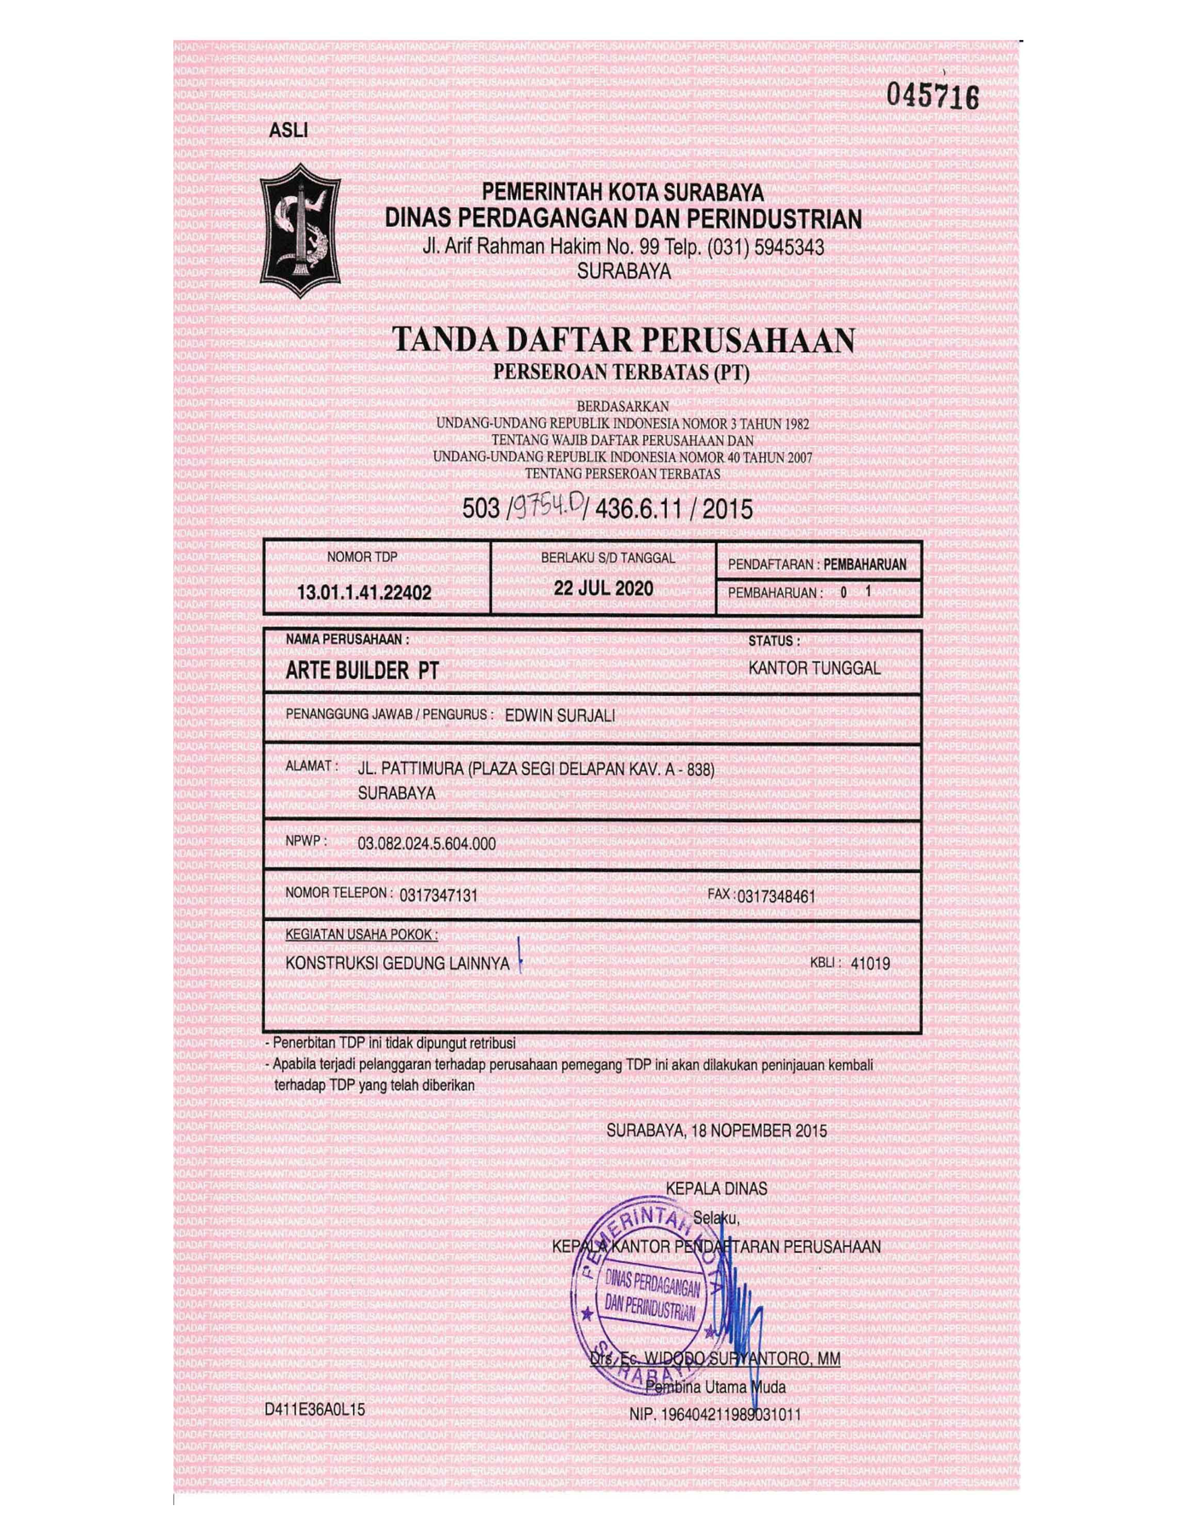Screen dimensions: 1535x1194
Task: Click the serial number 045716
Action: pyautogui.click(x=932, y=96)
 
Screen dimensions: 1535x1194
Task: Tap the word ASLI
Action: pyautogui.click(x=288, y=130)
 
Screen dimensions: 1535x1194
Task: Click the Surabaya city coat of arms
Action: pyautogui.click(x=300, y=230)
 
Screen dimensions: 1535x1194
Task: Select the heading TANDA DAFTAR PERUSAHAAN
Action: pyautogui.click(x=623, y=340)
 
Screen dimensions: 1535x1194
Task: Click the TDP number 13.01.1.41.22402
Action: pyautogui.click(x=364, y=593)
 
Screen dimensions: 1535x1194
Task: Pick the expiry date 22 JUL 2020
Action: pyautogui.click(x=603, y=588)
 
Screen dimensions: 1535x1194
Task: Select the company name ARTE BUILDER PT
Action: pyautogui.click(x=362, y=671)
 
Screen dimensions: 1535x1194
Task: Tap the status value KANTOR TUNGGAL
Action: pyautogui.click(x=814, y=669)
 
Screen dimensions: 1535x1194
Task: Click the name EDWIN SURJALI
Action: pyautogui.click(x=559, y=715)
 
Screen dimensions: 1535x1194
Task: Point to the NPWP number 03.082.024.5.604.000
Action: pyautogui.click(x=426, y=843)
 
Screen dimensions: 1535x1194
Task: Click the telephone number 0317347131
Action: pyautogui.click(x=438, y=895)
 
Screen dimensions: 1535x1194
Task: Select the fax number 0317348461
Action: pyautogui.click(x=776, y=896)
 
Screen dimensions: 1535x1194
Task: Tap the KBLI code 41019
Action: pyautogui.click(x=870, y=964)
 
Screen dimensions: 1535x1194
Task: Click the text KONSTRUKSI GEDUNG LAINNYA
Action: pyautogui.click(x=397, y=964)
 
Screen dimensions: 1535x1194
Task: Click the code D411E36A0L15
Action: pyautogui.click(x=315, y=1410)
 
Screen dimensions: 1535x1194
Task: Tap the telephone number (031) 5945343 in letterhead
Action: pyautogui.click(x=773, y=247)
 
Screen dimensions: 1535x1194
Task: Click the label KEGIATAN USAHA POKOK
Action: pyautogui.click(x=362, y=935)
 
